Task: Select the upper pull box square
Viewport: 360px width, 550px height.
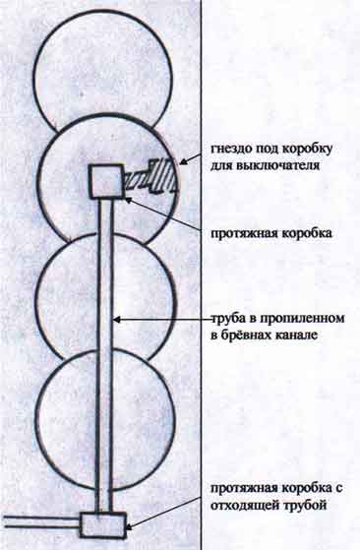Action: pyautogui.click(x=106, y=181)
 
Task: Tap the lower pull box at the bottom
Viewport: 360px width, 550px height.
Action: pyautogui.click(x=103, y=524)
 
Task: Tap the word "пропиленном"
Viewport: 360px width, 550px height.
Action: pyautogui.click(x=302, y=319)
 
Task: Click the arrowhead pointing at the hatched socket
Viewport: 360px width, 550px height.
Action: pyautogui.click(x=183, y=161)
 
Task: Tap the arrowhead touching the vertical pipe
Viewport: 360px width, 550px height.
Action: pyautogui.click(x=118, y=320)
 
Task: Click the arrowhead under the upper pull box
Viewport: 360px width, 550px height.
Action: pyautogui.click(x=129, y=201)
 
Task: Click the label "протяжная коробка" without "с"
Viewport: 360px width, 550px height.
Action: pyautogui.click(x=270, y=233)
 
